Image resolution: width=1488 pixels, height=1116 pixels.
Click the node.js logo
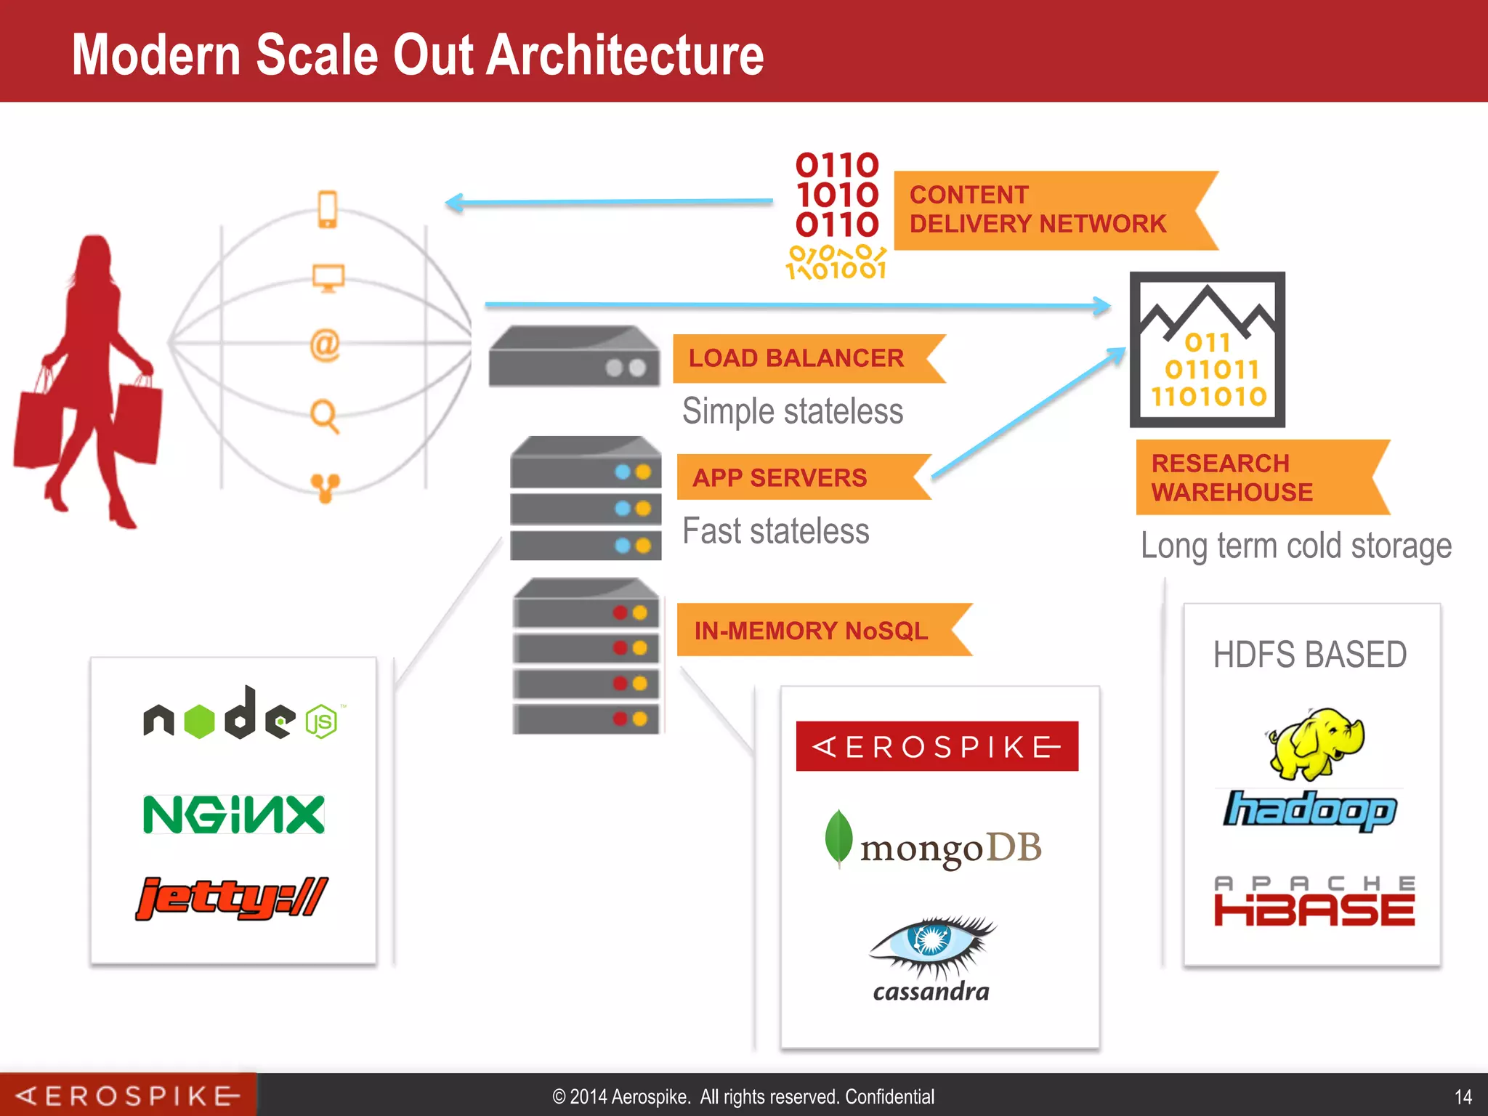tap(240, 716)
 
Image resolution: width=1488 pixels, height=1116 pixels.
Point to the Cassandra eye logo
tap(931, 945)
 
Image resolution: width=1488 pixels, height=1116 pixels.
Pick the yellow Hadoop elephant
tap(1315, 743)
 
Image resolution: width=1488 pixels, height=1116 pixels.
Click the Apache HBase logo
tap(1314, 902)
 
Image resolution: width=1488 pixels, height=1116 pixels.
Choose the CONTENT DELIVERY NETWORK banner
tap(1039, 210)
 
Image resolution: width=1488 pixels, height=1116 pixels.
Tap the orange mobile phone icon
tap(328, 209)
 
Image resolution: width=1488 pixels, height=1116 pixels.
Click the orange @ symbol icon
tap(325, 344)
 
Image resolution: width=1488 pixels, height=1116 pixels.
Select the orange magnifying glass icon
tap(324, 416)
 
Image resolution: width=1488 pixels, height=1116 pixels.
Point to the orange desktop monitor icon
tap(328, 278)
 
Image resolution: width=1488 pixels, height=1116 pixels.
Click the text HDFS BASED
tap(1309, 654)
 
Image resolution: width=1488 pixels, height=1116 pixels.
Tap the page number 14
tap(1463, 1096)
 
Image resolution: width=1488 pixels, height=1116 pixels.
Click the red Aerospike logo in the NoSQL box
tap(937, 746)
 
